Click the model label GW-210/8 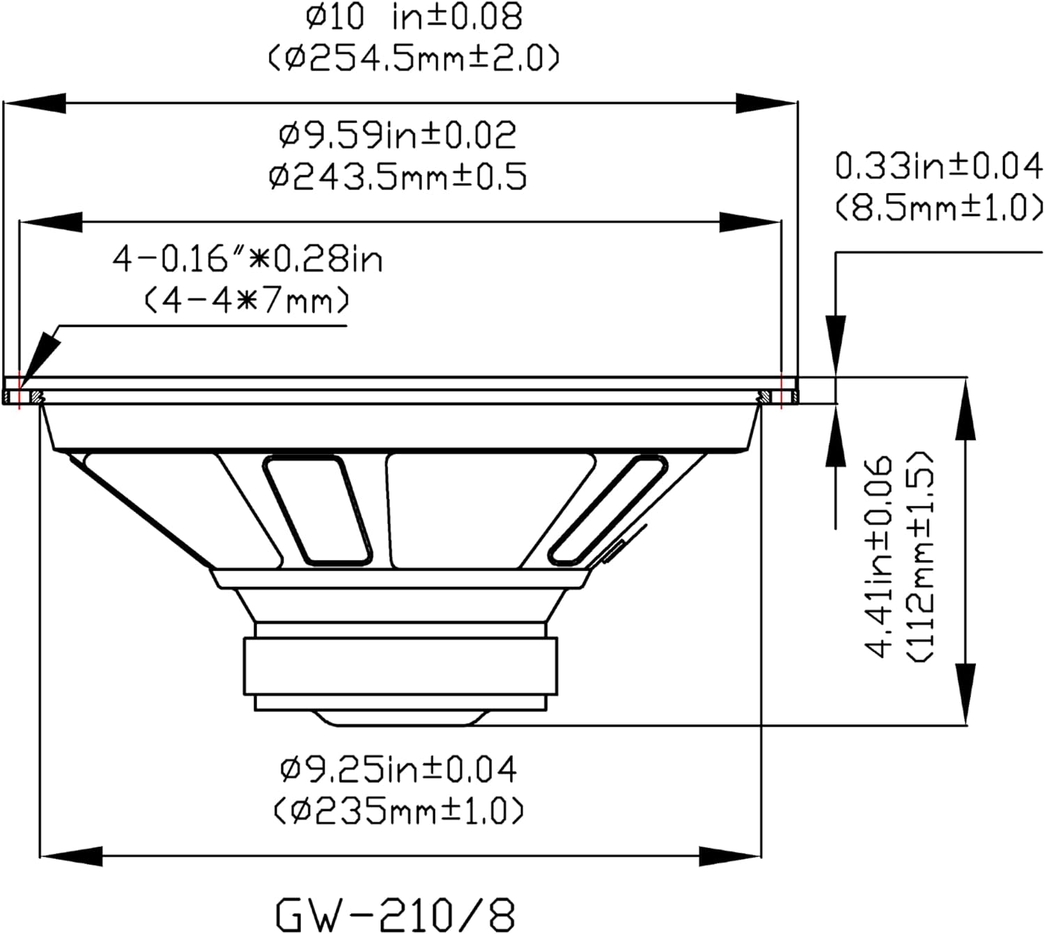tap(396, 914)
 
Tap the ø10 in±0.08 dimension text tap(415, 17)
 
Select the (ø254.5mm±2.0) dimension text tap(413, 59)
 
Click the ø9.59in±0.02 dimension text tap(398, 135)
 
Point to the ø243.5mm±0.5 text tap(398, 176)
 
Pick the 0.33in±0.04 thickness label tap(938, 166)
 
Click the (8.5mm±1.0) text tap(938, 208)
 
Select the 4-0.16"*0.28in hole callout tap(247, 258)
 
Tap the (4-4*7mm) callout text tap(247, 300)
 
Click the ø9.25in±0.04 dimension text tap(398, 770)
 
